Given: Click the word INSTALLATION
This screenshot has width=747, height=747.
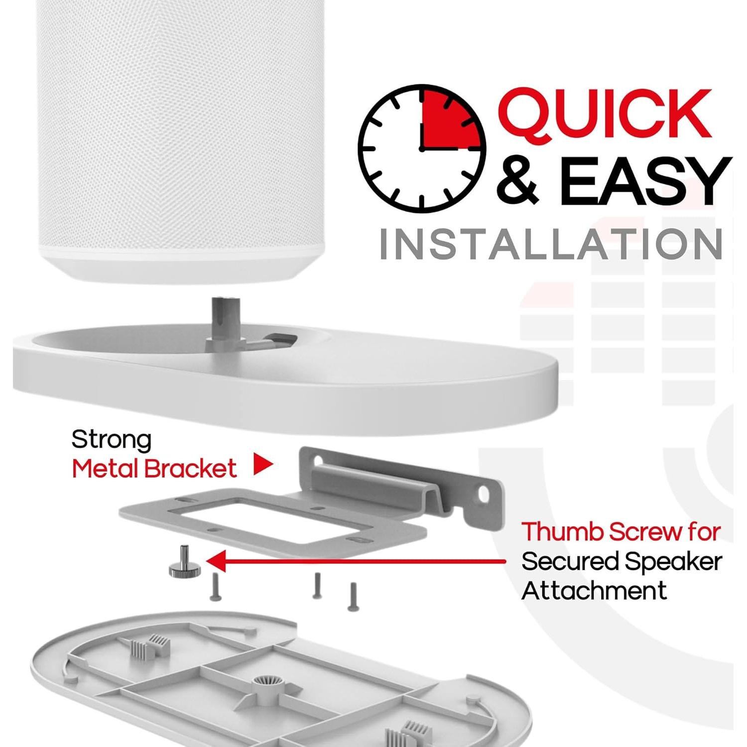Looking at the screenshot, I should click(x=551, y=244).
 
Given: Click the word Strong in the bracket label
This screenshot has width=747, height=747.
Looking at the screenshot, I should click(x=111, y=440).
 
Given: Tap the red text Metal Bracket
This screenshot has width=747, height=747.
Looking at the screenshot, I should click(x=154, y=469).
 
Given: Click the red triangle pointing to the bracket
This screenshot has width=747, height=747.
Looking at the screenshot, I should click(x=262, y=464).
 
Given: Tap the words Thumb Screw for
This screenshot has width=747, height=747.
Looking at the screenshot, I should click(x=621, y=532).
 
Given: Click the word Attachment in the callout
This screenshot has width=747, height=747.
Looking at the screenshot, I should click(x=594, y=591).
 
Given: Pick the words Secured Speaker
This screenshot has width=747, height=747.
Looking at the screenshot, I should click(x=622, y=562).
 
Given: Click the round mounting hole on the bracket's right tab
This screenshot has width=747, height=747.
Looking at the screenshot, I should click(x=484, y=494).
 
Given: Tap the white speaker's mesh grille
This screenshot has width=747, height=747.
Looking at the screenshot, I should click(x=179, y=124).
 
